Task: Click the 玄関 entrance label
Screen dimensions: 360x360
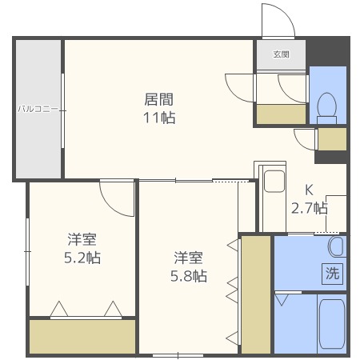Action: pyautogui.click(x=280, y=54)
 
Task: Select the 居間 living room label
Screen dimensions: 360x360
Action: pyautogui.click(x=159, y=100)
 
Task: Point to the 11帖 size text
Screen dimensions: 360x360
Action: pyautogui.click(x=159, y=118)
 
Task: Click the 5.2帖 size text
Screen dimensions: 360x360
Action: pyautogui.click(x=82, y=258)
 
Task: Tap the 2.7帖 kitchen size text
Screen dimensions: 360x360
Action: pyautogui.click(x=308, y=208)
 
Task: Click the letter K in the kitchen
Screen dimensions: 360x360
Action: pyautogui.click(x=309, y=190)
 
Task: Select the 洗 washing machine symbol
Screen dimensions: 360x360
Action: pyautogui.click(x=331, y=272)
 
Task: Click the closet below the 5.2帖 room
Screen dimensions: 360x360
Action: pyautogui.click(x=82, y=336)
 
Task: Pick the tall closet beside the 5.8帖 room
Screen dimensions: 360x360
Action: pyautogui.click(x=255, y=294)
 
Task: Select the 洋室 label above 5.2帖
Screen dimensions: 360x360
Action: pyautogui.click(x=82, y=239)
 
